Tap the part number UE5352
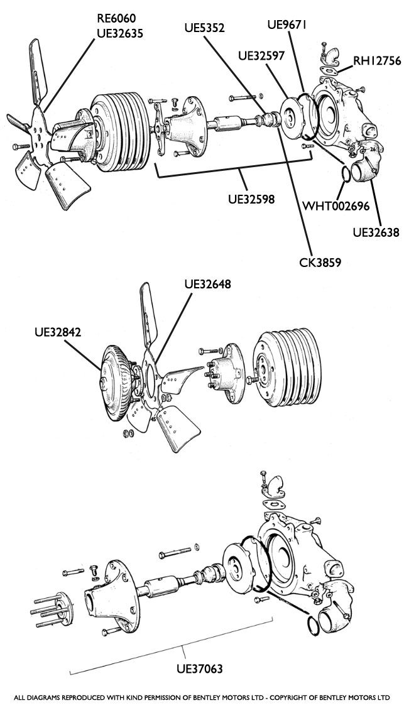point(204,28)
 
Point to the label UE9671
point(287,25)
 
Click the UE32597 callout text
point(261,55)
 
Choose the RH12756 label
point(376,61)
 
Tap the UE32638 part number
point(376,232)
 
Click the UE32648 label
point(207,284)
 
